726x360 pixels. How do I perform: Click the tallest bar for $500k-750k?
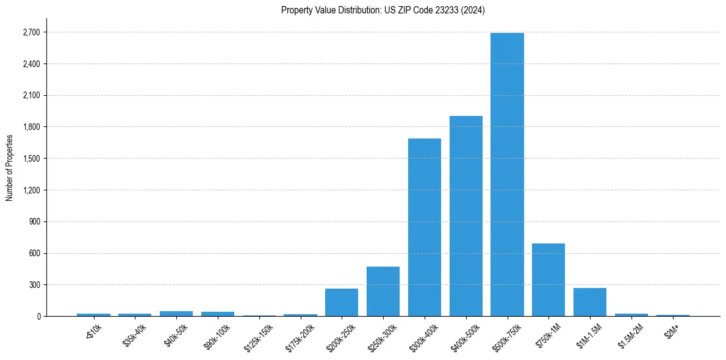click(507, 175)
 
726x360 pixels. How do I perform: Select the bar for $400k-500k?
click(466, 216)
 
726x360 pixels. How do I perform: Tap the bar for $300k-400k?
click(425, 227)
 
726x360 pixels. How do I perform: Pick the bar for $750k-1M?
click(548, 279)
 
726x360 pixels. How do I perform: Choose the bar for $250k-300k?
click(383, 291)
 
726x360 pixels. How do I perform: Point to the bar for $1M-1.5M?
click(590, 301)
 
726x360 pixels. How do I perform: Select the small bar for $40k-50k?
click(176, 314)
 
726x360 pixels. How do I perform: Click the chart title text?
click(383, 10)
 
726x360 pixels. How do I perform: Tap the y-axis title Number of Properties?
click(10, 168)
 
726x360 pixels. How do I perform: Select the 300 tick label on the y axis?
click(35, 285)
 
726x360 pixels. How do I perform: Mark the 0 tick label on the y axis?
click(38, 317)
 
